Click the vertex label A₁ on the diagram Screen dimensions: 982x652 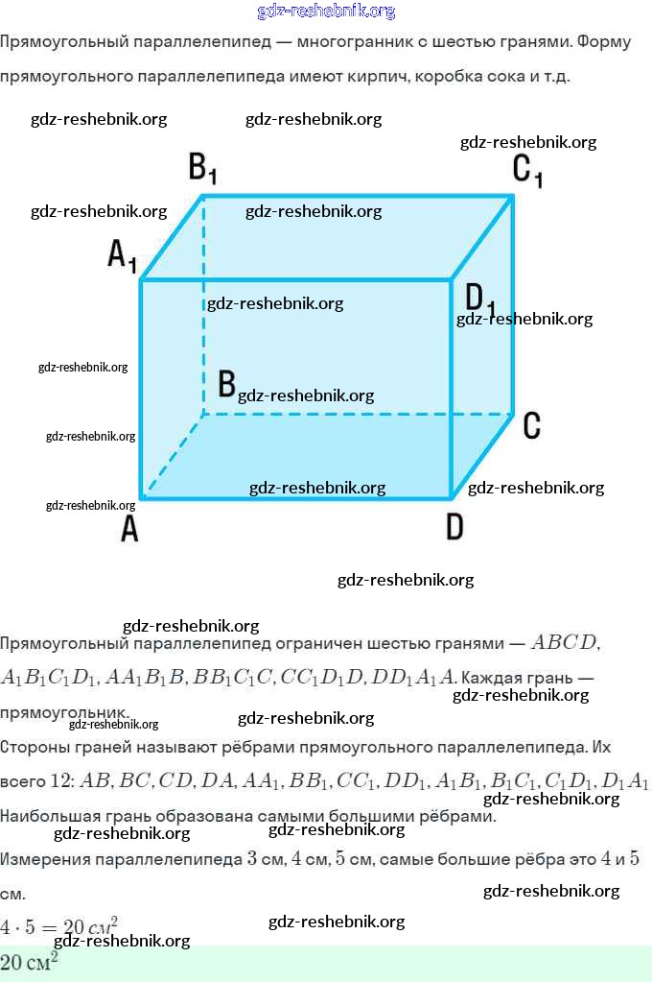(x=122, y=255)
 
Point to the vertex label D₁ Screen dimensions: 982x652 (x=479, y=299)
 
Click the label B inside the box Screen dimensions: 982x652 (x=226, y=384)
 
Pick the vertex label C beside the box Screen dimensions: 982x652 (x=532, y=425)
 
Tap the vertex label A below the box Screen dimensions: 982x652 (x=129, y=527)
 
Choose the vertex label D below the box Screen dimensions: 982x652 (x=454, y=526)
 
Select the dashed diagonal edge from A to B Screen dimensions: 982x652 (x=173, y=456)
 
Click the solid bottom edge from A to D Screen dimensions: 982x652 (x=297, y=497)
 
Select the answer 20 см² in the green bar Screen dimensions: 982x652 (x=29, y=963)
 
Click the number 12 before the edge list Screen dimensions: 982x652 (x=62, y=780)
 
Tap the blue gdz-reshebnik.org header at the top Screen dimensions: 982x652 (x=326, y=11)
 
